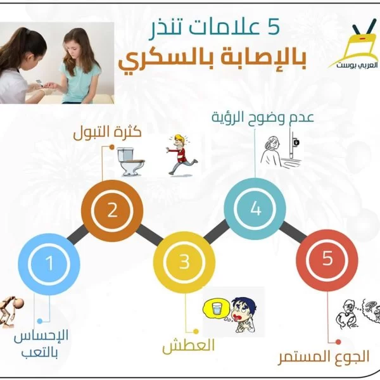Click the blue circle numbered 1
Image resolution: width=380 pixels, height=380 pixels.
point(49,264)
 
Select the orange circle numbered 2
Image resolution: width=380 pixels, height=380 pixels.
point(112,211)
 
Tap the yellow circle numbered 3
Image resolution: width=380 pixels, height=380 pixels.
point(184,262)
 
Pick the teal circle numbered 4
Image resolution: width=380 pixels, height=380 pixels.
point(255,208)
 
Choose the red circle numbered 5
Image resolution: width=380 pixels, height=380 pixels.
point(327,260)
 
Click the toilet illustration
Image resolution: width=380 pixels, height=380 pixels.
point(131,161)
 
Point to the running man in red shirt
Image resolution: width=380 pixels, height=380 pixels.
point(182,155)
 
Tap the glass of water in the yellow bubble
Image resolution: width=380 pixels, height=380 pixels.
point(216,308)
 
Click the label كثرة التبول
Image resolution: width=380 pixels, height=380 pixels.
point(108,133)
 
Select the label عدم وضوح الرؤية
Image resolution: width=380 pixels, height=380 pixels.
point(263,117)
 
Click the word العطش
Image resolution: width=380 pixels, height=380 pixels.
point(189,346)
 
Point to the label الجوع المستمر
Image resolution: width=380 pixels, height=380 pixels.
point(323,357)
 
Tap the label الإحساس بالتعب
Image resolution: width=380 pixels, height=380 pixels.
point(41,344)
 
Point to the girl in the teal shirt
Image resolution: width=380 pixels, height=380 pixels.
point(80,65)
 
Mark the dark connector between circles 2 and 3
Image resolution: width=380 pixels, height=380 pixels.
point(149,234)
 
